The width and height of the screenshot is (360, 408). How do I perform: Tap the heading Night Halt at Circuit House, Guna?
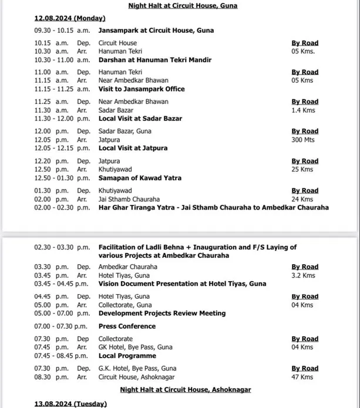(180, 6)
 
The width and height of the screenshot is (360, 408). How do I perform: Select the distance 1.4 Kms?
(302, 110)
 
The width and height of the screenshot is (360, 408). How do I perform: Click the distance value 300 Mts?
(304, 140)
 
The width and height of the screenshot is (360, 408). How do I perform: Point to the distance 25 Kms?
(302, 170)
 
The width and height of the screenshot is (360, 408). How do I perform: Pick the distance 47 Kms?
(302, 377)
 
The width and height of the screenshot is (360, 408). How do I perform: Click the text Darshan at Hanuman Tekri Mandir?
(154, 60)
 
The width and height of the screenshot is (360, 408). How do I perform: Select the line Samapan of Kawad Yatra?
(140, 178)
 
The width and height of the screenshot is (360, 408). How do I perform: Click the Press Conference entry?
(127, 326)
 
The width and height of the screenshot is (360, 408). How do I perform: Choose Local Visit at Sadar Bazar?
(140, 119)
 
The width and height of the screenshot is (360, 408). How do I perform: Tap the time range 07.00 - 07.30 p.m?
(61, 326)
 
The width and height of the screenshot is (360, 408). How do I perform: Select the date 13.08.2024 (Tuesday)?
(70, 404)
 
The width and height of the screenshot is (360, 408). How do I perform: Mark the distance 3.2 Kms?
(303, 275)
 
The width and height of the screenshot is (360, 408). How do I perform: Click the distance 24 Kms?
(302, 199)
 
